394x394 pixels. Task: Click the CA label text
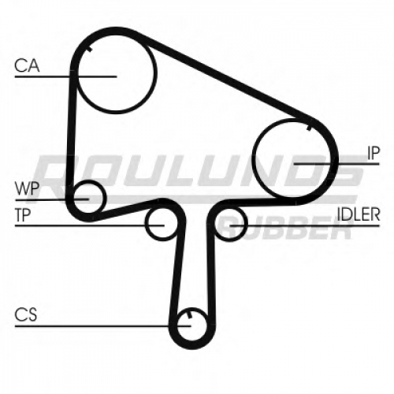pos(27,65)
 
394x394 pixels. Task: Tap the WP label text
pos(28,188)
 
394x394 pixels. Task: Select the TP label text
pos(23,215)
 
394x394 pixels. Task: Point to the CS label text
pos(26,314)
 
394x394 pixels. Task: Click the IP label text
pos(374,153)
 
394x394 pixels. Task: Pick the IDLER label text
pos(359,214)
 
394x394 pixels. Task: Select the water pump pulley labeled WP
pos(105,197)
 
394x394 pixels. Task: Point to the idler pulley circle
pos(247,223)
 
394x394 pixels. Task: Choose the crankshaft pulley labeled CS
pos(206,325)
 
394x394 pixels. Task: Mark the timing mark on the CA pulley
pos(89,49)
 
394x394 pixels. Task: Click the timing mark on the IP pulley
pos(310,128)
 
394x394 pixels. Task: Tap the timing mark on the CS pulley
pos(188,315)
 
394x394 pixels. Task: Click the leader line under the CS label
pos(102,326)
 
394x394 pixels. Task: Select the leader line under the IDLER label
pos(305,225)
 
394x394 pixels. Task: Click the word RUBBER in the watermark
pos(286,228)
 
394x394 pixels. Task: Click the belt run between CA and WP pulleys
pos(71,136)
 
